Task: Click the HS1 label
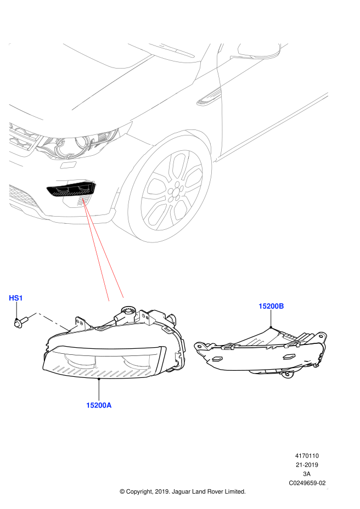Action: coord(16,298)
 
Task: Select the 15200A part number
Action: coord(99,405)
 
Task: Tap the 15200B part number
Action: coord(271,306)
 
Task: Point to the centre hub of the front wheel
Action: coord(175,191)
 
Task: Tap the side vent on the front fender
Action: coord(209,99)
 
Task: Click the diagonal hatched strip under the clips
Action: coord(102,372)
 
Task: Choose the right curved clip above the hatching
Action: coord(136,362)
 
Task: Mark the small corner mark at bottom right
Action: coord(327,488)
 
